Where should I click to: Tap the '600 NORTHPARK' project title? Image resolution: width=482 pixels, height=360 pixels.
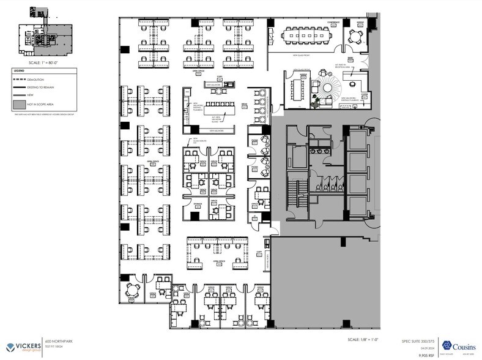(x=57, y=341)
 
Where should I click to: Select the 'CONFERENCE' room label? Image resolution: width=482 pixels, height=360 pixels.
(x=333, y=23)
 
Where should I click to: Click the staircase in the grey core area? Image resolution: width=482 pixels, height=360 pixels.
(x=300, y=195)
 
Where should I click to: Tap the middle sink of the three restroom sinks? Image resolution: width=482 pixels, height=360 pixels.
(x=319, y=149)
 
